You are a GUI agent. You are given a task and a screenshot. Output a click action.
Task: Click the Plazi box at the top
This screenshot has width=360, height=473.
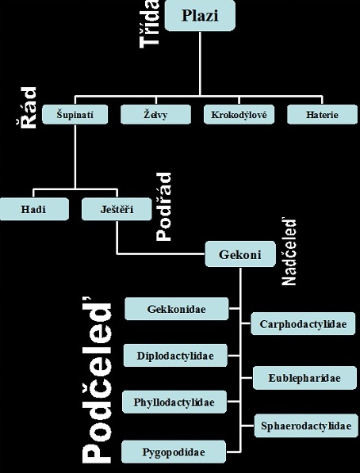pyautogui.click(x=200, y=15)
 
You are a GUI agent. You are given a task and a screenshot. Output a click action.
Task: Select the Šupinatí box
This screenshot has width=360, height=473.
pyautogui.click(x=75, y=114)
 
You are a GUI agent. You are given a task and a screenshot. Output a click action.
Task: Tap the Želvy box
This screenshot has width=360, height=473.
pyautogui.click(x=155, y=114)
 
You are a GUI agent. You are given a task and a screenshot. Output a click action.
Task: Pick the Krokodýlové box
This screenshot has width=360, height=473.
pyautogui.click(x=239, y=114)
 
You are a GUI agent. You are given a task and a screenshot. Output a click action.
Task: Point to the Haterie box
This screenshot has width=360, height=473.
pyautogui.click(x=322, y=114)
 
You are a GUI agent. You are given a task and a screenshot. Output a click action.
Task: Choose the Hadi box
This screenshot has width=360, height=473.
pyautogui.click(x=34, y=209)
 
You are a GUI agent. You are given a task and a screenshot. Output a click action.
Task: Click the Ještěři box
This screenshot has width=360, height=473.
pyautogui.click(x=117, y=209)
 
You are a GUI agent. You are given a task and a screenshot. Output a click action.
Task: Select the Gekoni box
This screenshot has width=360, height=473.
pyautogui.click(x=240, y=254)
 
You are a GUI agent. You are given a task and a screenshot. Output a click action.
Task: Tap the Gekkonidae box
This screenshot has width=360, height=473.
pyautogui.click(x=176, y=308)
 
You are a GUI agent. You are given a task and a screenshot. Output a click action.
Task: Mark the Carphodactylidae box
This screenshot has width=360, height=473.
pyautogui.click(x=303, y=324)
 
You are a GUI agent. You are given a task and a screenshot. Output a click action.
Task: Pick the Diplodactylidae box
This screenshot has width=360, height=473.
pyautogui.click(x=175, y=356)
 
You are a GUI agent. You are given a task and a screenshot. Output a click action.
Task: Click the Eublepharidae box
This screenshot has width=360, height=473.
pyautogui.click(x=304, y=378)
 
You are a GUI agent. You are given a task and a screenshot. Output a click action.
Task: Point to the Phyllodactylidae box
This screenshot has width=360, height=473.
pyautogui.click(x=174, y=402)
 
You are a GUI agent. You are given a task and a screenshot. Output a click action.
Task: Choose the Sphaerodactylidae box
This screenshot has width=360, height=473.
pyautogui.click(x=306, y=425)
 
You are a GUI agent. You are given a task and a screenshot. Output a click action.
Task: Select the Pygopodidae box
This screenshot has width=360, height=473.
pyautogui.click(x=174, y=452)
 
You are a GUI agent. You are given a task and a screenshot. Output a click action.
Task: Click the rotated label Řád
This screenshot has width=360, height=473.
pyautogui.click(x=26, y=108)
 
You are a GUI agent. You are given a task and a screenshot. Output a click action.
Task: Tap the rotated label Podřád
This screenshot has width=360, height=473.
pyautogui.click(x=163, y=207)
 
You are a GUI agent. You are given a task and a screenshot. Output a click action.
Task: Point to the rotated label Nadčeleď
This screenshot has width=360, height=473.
pyautogui.click(x=289, y=251)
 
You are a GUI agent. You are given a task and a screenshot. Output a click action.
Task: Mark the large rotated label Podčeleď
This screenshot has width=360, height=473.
pyautogui.click(x=97, y=380)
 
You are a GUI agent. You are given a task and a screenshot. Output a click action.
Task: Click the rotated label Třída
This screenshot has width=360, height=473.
pyautogui.click(x=149, y=24)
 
